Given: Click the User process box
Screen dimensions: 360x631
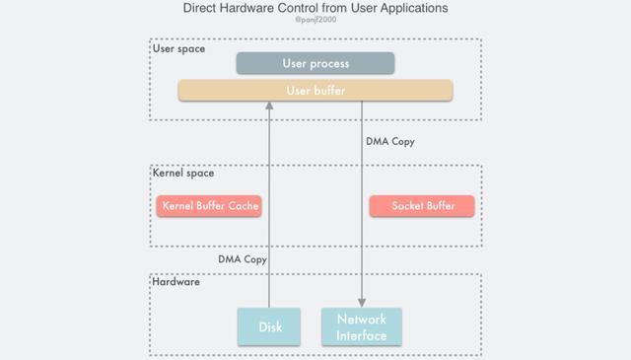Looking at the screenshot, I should (315, 63).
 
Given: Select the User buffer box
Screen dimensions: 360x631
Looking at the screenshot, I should (315, 91).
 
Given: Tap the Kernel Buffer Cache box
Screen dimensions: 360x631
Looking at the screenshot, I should (209, 206).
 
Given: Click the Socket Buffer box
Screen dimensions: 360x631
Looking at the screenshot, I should (422, 206).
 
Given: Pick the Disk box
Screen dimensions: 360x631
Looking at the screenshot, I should (269, 326).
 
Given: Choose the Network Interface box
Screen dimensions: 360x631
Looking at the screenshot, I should (362, 326).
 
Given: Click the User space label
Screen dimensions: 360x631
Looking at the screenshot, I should (178, 48).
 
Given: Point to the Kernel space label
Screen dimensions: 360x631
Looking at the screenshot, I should (183, 174).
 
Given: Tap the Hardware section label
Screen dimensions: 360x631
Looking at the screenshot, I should (176, 282).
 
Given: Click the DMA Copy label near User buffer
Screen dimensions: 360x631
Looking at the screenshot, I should (390, 141).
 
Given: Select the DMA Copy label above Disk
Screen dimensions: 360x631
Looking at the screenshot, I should (243, 259).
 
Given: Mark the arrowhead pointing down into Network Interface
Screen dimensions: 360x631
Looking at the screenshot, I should (362, 302).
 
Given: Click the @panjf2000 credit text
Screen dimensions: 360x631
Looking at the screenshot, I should (315, 19).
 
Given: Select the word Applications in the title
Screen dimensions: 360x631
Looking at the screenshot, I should (410, 8).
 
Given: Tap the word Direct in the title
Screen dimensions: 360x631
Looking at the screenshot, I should (201, 8).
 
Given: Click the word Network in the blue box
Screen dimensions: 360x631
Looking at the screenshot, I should (362, 320).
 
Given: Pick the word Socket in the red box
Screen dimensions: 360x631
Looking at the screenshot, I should (407, 206).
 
